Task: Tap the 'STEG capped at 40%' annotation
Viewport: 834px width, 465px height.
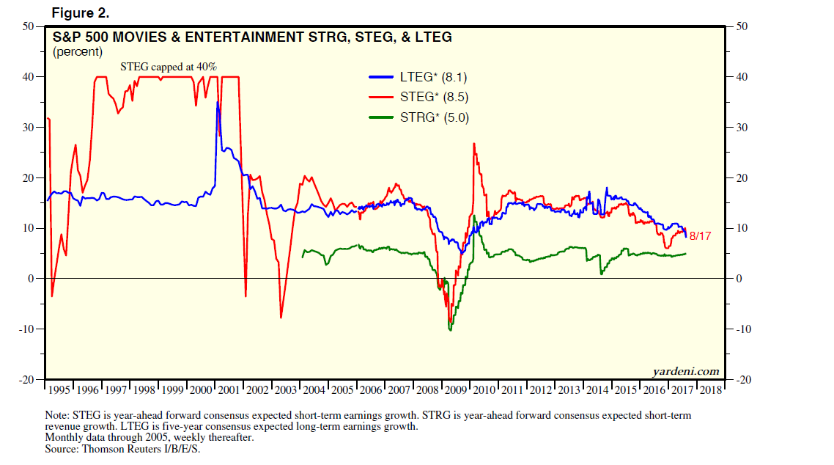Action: pos(169,67)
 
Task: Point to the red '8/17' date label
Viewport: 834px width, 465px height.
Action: pos(701,236)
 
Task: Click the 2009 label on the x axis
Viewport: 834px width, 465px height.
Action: pos(454,389)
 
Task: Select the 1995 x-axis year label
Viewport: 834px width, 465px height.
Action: pos(59,389)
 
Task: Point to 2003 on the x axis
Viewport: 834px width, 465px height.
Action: pos(285,389)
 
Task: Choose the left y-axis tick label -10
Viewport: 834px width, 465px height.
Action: pos(27,329)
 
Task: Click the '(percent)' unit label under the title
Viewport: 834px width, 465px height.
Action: pos(77,51)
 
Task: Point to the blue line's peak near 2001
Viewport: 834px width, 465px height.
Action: pos(217,102)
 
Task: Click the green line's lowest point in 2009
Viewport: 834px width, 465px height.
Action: pos(450,330)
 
